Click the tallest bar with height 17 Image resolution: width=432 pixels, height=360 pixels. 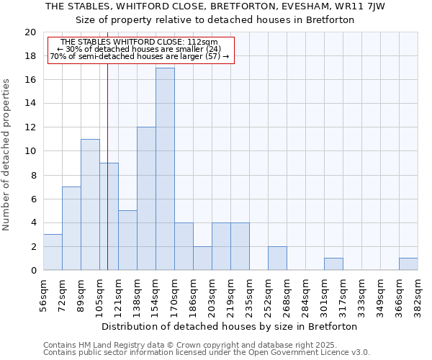tap(165, 169)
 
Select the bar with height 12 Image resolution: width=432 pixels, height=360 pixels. tap(146, 199)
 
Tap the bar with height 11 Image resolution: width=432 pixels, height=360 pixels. tap(90, 204)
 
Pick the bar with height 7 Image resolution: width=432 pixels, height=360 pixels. tap(71, 228)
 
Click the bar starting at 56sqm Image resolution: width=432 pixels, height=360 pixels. tap(53, 252)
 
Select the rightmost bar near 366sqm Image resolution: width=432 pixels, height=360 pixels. tap(408, 264)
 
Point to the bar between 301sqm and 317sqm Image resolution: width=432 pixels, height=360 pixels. tap(333, 264)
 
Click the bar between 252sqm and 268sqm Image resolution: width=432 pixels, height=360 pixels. tap(277, 258)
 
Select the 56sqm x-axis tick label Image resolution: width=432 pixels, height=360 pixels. tap(44, 293)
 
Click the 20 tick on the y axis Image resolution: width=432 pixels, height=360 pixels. tap(30, 32)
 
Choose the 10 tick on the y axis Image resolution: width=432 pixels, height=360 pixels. tap(30, 151)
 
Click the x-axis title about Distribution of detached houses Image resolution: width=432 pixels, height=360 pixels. tap(230, 326)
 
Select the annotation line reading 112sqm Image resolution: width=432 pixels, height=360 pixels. tap(140, 42)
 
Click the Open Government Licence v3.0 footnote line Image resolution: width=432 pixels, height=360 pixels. tap(207, 353)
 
